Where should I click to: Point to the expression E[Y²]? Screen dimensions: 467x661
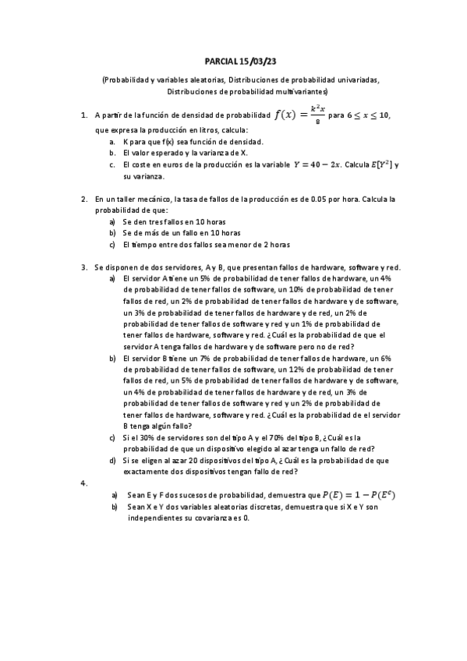coord(377,165)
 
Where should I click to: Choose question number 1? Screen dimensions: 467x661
coord(83,116)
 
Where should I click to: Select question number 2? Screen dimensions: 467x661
coord(83,200)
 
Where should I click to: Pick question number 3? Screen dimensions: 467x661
coord(83,267)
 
